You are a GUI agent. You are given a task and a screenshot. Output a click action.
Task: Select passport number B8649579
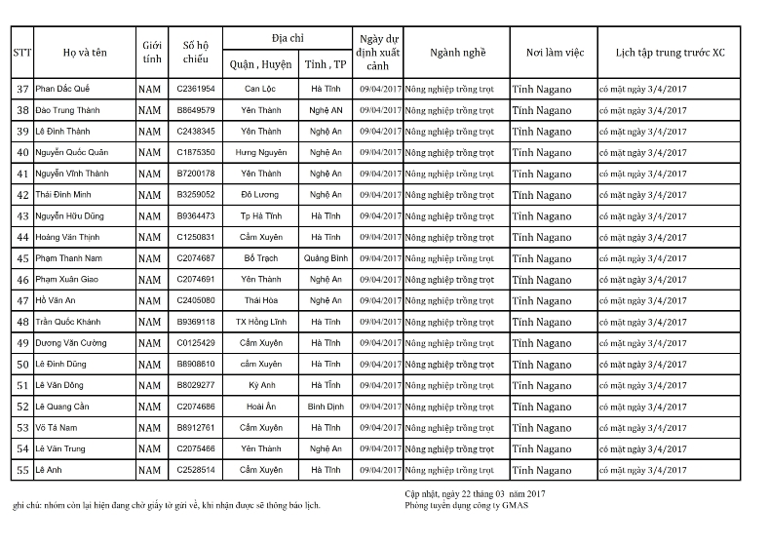pyautogui.click(x=196, y=110)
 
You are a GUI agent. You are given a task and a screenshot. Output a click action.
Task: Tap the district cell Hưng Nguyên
pyautogui.click(x=261, y=153)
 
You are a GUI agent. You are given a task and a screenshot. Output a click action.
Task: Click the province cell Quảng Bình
pyautogui.click(x=326, y=258)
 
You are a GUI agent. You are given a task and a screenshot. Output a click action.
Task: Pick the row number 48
pyautogui.click(x=22, y=323)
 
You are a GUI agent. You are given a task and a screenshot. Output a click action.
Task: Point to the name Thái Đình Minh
pyautogui.click(x=66, y=195)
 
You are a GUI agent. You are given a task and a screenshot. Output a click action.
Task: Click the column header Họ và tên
pyautogui.click(x=85, y=53)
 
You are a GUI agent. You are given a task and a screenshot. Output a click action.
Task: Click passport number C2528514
pyautogui.click(x=196, y=470)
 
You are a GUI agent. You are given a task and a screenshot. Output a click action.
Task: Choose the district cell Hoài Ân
pyautogui.click(x=261, y=407)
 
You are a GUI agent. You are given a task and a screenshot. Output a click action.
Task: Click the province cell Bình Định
pyautogui.click(x=326, y=407)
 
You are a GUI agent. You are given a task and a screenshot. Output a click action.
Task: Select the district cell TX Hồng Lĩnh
pyautogui.click(x=261, y=322)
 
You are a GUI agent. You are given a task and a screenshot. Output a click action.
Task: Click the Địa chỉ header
pyautogui.click(x=288, y=37)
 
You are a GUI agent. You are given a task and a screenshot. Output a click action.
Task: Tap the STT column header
pyautogui.click(x=22, y=53)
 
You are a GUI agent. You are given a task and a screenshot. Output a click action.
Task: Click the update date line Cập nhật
pyautogui.click(x=475, y=495)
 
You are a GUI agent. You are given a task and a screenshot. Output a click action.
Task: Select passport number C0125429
pyautogui.click(x=196, y=343)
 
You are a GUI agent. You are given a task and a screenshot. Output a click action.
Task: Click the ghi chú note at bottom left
pyautogui.click(x=166, y=506)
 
